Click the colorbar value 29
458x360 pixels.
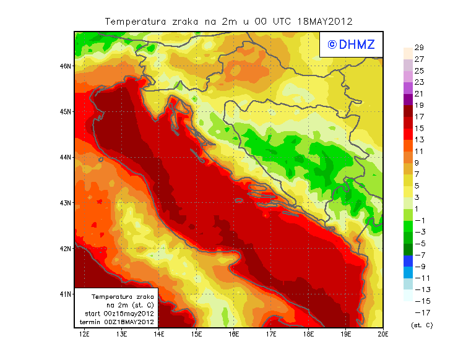(x=419, y=48)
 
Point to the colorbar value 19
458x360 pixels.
(x=419, y=105)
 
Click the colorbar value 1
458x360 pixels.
(x=419, y=208)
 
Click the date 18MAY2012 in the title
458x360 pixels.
(x=324, y=21)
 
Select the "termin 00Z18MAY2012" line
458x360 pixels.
(x=117, y=322)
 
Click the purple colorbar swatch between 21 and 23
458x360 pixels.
(x=407, y=88)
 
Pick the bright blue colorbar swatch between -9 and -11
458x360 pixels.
(x=407, y=272)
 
